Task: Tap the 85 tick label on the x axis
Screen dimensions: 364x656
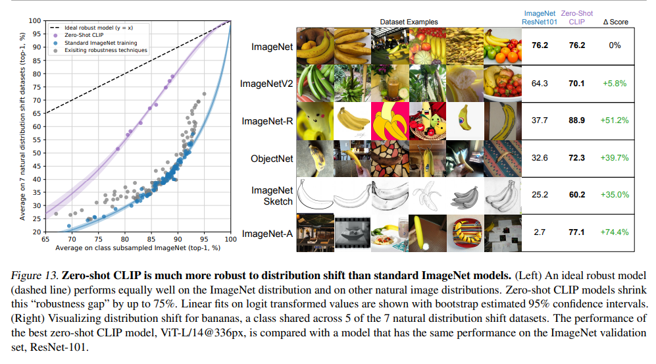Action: (x=151, y=240)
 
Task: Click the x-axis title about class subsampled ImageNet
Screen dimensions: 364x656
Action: (x=138, y=248)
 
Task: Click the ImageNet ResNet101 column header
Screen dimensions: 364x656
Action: (x=540, y=17)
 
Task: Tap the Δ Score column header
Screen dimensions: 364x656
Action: (x=615, y=22)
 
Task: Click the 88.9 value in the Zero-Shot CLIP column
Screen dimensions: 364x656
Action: (x=576, y=120)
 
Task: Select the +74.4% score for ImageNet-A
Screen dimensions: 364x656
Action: (x=615, y=232)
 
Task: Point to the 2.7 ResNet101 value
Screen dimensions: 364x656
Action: (x=540, y=232)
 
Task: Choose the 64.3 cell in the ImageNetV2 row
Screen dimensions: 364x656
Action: (x=540, y=84)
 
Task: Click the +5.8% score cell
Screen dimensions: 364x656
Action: (x=615, y=84)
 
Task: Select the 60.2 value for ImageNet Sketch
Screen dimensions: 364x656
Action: (x=576, y=195)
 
